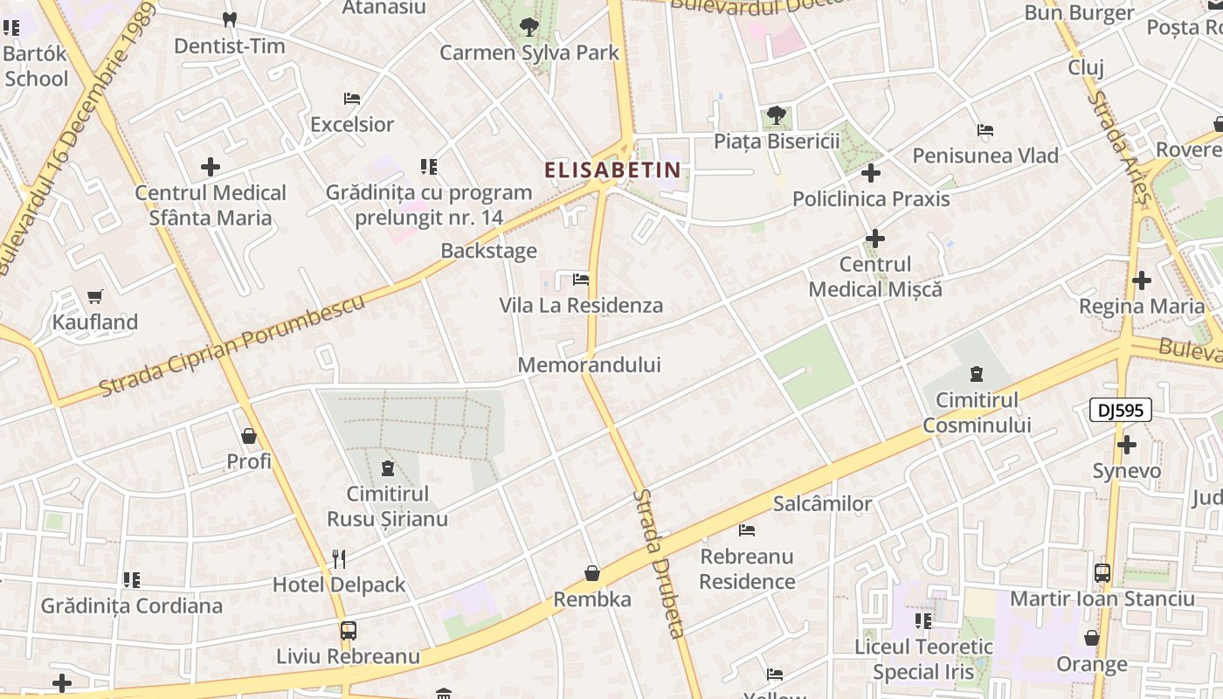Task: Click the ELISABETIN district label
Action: tap(611, 170)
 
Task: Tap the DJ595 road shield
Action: tap(1121, 410)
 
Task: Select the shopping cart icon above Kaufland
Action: tap(95, 296)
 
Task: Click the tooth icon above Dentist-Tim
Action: tap(230, 19)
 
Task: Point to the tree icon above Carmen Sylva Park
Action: tap(529, 26)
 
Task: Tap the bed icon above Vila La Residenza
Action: tap(580, 280)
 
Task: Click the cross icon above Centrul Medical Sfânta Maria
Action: tap(211, 166)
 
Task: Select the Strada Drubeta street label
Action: tap(660, 564)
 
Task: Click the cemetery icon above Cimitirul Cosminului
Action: tap(976, 375)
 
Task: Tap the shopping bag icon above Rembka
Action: tap(592, 573)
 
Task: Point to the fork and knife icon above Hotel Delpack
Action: tap(339, 558)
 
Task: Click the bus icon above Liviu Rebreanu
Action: tap(348, 630)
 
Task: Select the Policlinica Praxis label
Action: tap(871, 199)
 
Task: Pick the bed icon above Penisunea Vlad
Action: tap(985, 130)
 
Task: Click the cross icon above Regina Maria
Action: tap(1142, 280)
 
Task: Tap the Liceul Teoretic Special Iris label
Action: tap(923, 660)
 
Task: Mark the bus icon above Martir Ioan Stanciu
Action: tap(1102, 573)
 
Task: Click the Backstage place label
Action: tap(488, 251)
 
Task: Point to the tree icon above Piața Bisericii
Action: tap(776, 114)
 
